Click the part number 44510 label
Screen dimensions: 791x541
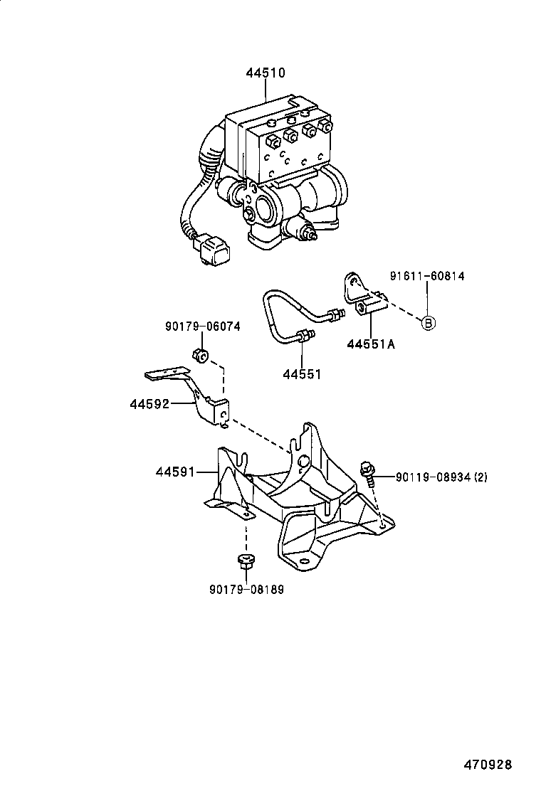pyautogui.click(x=266, y=73)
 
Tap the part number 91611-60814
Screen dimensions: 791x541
pyautogui.click(x=426, y=276)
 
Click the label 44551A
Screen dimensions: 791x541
pyautogui.click(x=371, y=345)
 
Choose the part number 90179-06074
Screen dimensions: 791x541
pyautogui.click(x=202, y=327)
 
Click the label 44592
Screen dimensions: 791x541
pyautogui.click(x=149, y=404)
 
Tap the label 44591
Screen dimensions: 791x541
pyautogui.click(x=175, y=471)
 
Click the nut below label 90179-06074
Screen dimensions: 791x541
pyautogui.click(x=200, y=355)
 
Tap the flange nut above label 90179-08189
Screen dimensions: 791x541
pyautogui.click(x=246, y=561)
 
